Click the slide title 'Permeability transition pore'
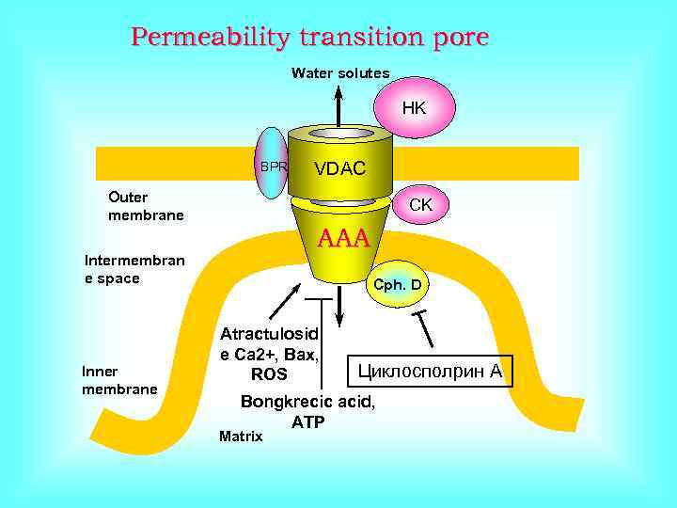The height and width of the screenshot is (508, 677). pyautogui.click(x=310, y=38)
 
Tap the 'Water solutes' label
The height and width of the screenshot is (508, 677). pyautogui.click(x=340, y=73)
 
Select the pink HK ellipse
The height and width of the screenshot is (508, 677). pyautogui.click(x=414, y=108)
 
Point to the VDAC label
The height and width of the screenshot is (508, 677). pyautogui.click(x=340, y=169)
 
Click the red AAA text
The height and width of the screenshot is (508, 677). pyautogui.click(x=344, y=238)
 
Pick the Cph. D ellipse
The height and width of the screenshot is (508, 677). pyautogui.click(x=397, y=283)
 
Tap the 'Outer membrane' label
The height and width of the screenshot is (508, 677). pyautogui.click(x=146, y=207)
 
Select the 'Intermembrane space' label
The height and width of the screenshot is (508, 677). pyautogui.click(x=134, y=269)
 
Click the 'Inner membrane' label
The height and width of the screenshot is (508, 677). pyautogui.click(x=119, y=379)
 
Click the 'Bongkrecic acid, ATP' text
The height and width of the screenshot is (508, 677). pyautogui.click(x=307, y=411)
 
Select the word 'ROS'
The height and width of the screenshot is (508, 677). pyautogui.click(x=269, y=374)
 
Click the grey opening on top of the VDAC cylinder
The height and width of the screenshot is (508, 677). pyautogui.click(x=340, y=134)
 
